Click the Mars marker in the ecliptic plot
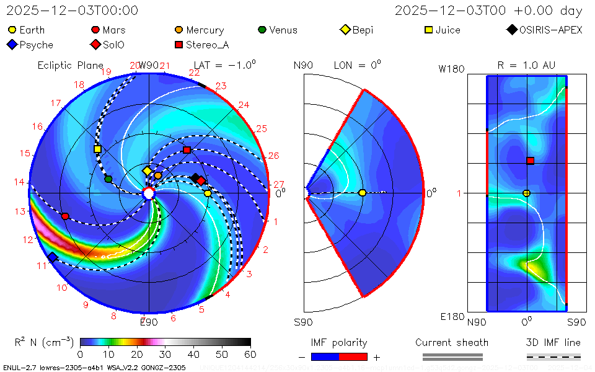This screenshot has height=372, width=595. click(x=65, y=216)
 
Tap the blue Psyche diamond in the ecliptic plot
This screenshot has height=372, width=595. click(x=53, y=257)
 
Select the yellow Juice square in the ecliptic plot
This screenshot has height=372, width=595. click(x=97, y=149)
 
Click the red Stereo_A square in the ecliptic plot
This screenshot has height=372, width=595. click(x=187, y=150)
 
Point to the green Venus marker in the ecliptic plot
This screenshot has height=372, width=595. click(x=108, y=179)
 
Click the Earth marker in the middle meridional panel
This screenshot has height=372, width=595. click(x=362, y=193)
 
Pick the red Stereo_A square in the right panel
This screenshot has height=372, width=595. click(x=530, y=161)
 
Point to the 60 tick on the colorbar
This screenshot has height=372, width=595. click(x=250, y=355)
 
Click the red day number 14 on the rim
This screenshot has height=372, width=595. click(x=20, y=182)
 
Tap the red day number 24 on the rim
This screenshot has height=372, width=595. click(x=244, y=105)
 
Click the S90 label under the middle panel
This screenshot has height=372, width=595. click(x=303, y=322)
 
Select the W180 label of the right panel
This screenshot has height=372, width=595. click(x=451, y=69)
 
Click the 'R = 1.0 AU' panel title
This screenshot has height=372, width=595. click(x=526, y=65)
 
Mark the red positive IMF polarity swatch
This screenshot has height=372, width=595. click(x=353, y=357)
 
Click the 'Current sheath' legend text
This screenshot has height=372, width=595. click(x=452, y=342)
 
